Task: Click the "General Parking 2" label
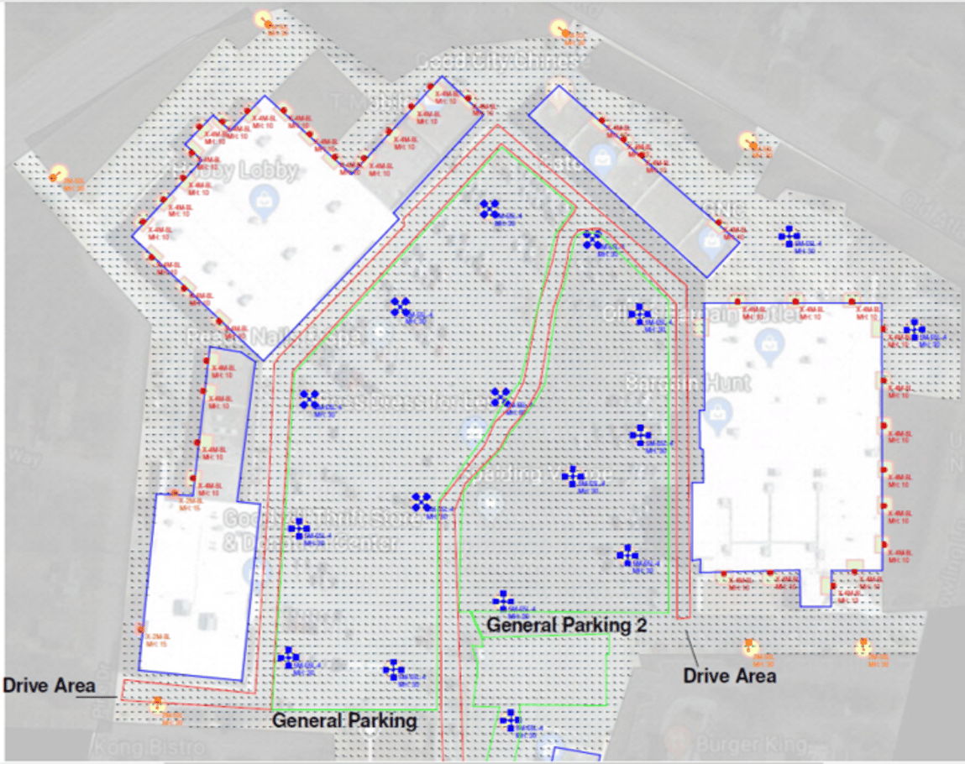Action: click(x=559, y=625)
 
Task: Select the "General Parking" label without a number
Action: click(x=344, y=720)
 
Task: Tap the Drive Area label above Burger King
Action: click(x=729, y=675)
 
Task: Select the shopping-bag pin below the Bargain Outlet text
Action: click(x=768, y=343)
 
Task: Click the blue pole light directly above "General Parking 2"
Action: click(x=502, y=600)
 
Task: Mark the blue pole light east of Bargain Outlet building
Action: click(x=914, y=330)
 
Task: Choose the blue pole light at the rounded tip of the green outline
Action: click(x=593, y=240)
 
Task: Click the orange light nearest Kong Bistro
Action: click(x=157, y=706)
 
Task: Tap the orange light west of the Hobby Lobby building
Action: click(x=57, y=175)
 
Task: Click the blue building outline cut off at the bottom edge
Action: click(x=576, y=753)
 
